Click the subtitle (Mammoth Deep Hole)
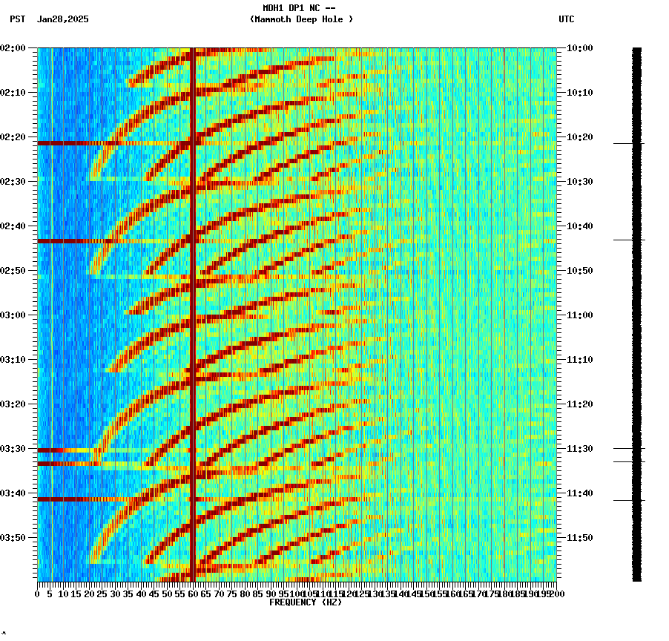coord(301,19)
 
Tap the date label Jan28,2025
coord(62,19)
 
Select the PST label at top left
coord(18,19)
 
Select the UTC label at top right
coord(566,19)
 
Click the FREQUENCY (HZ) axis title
coord(306,602)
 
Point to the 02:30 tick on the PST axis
coord(14,182)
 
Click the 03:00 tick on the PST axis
coord(14,315)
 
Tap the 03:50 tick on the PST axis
coord(14,538)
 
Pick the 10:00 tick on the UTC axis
coord(579,48)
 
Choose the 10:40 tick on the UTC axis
coord(579,226)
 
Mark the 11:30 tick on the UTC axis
coord(579,449)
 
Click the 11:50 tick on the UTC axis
coord(579,538)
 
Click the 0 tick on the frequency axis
coord(38,594)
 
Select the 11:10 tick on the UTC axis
coord(579,360)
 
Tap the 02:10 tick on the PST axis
coord(14,93)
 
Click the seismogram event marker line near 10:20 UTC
coord(628,143)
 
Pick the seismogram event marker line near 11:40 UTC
coord(628,500)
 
